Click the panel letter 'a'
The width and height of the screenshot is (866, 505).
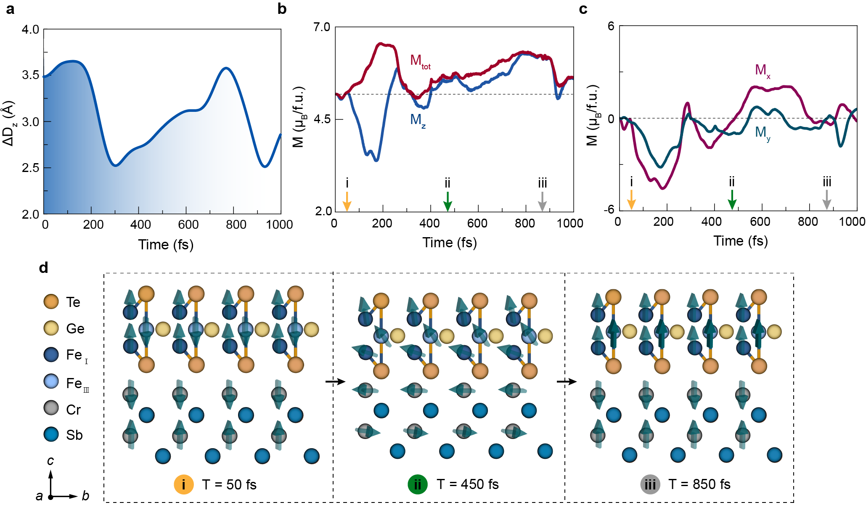pyautogui.click(x=10, y=9)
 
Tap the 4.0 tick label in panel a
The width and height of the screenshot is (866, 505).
pyautogui.click(x=30, y=30)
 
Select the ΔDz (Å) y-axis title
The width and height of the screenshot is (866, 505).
pyautogui.click(x=8, y=123)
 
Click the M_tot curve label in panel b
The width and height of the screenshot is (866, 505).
pyautogui.click(x=420, y=61)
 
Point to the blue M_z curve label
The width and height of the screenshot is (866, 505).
pyautogui.click(x=418, y=121)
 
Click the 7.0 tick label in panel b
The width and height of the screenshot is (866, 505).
pyautogui.click(x=322, y=27)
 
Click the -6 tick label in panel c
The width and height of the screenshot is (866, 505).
pyautogui.click(x=609, y=209)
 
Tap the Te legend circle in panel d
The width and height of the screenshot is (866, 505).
pyautogui.click(x=51, y=301)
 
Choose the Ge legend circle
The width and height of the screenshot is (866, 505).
pyautogui.click(x=51, y=328)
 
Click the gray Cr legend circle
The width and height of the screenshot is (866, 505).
pyautogui.click(x=51, y=408)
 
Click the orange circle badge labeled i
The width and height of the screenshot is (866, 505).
pyautogui.click(x=183, y=484)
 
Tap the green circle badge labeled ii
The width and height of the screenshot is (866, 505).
pyautogui.click(x=417, y=484)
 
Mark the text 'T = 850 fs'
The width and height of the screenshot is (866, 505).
pyautogui.click(x=699, y=484)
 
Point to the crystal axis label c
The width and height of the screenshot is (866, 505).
pyautogui.click(x=50, y=461)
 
